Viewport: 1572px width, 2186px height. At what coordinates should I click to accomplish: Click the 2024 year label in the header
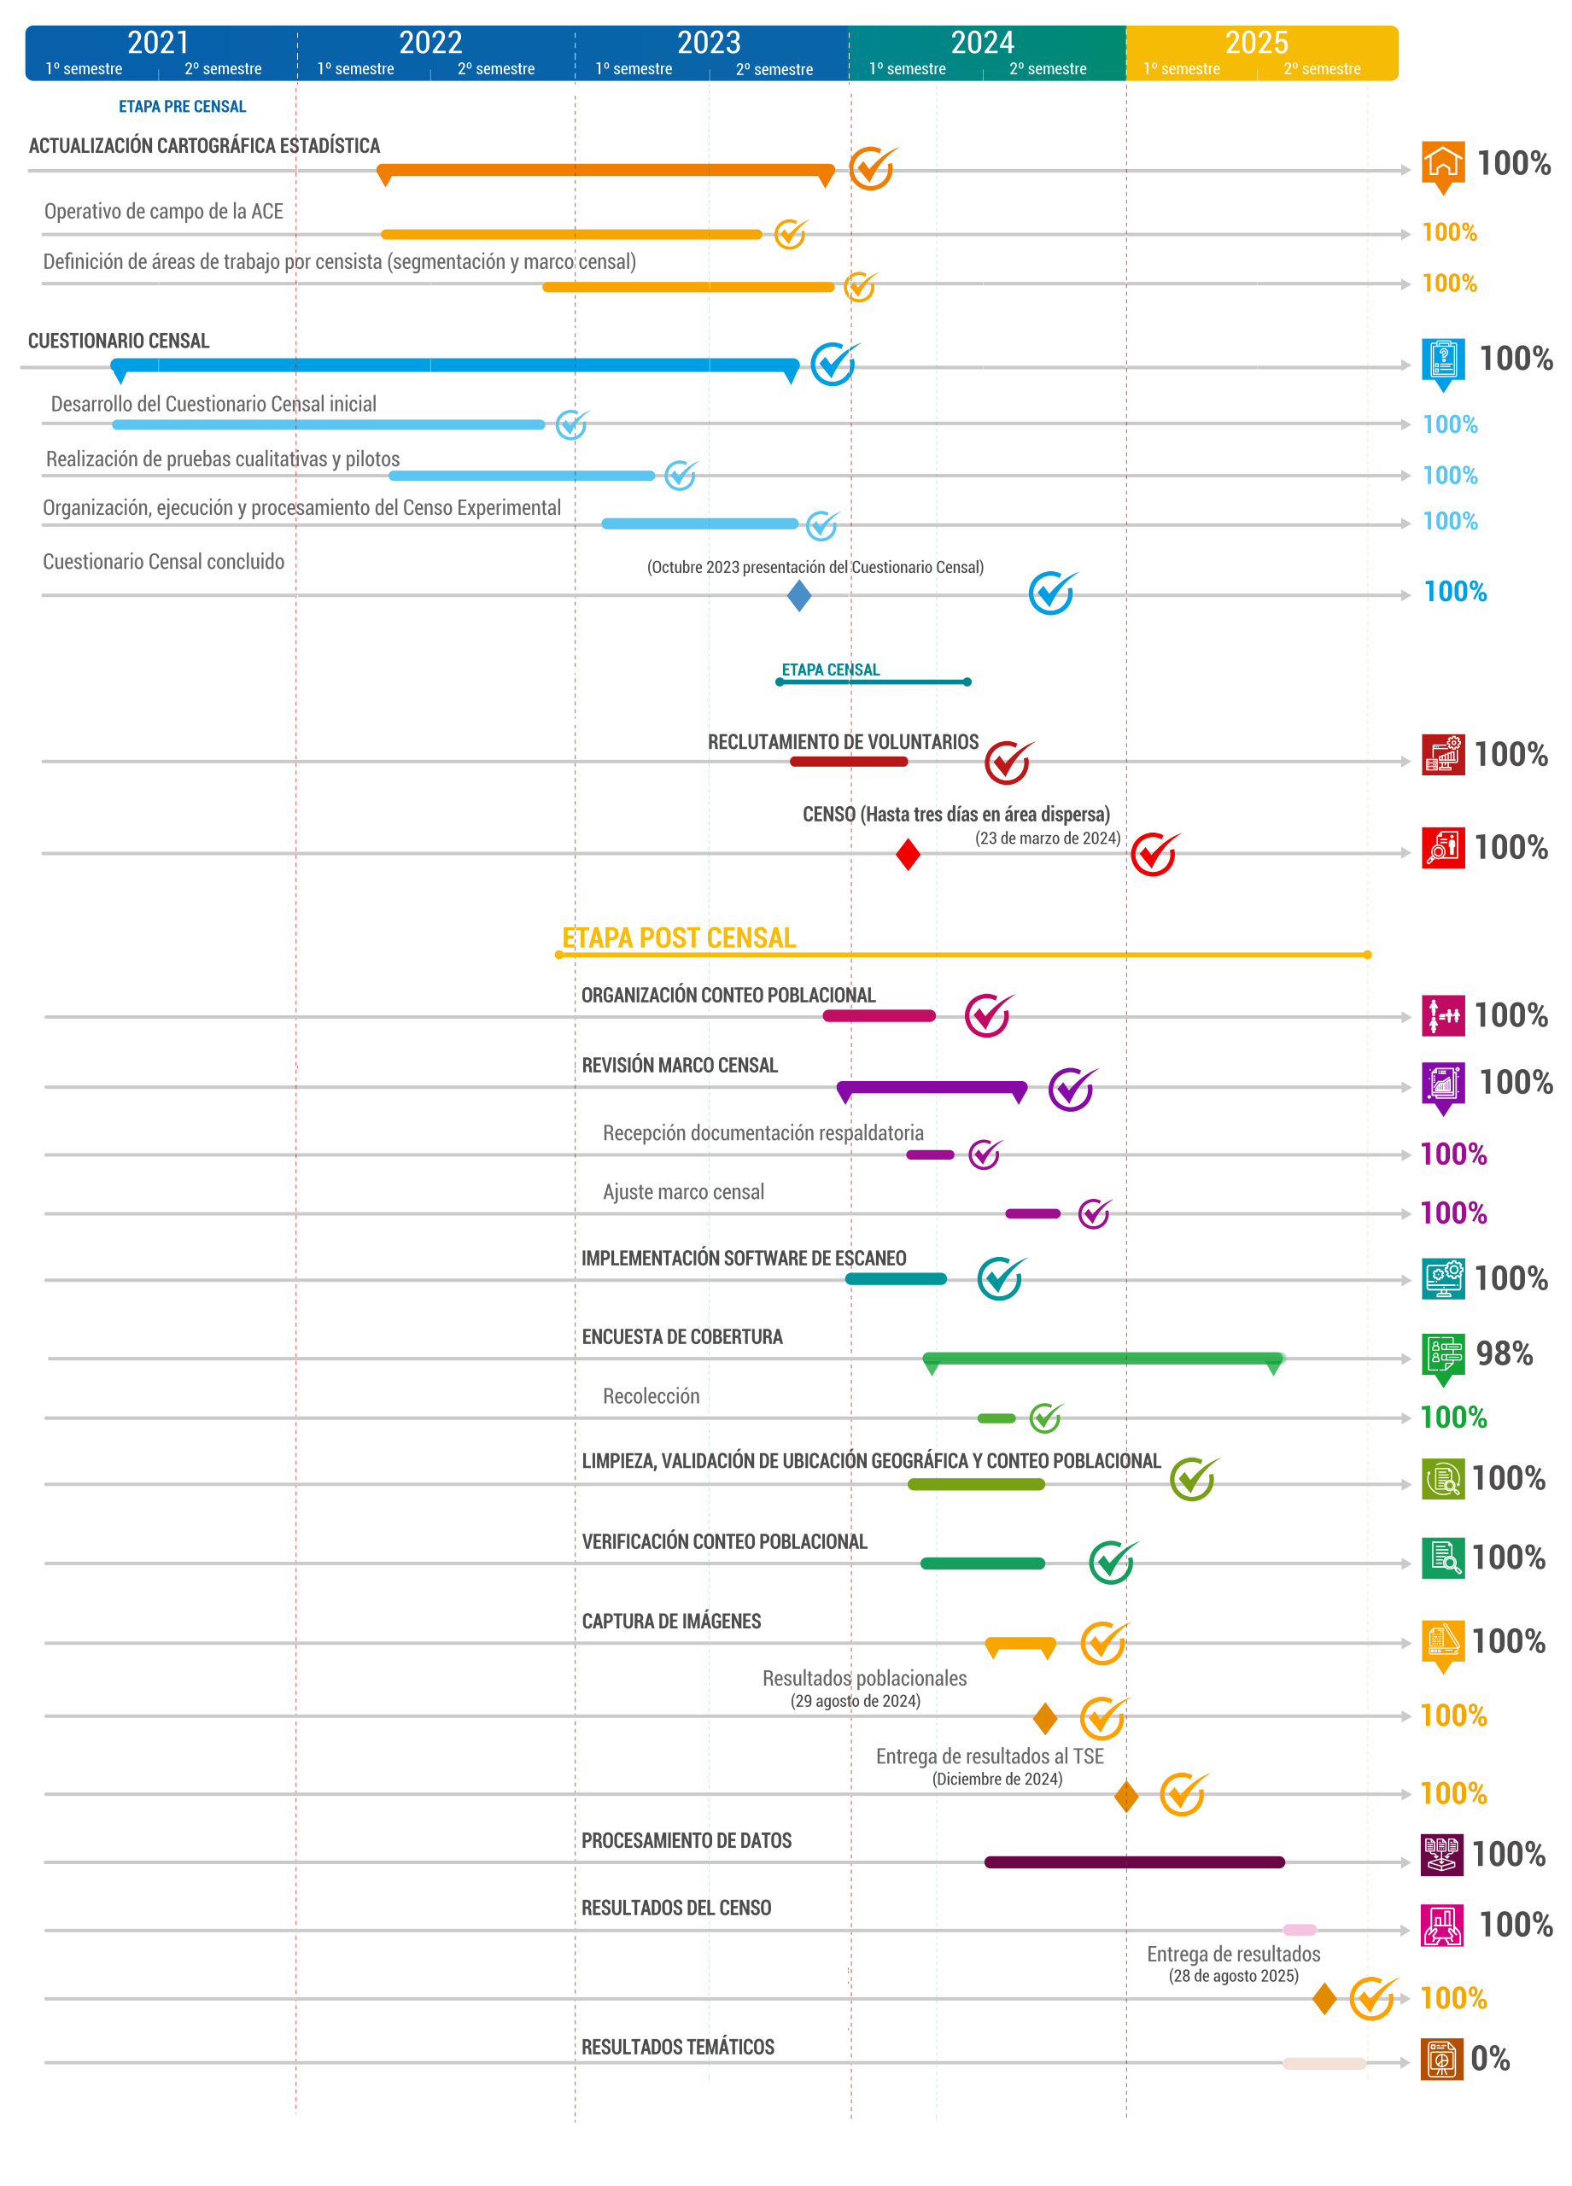(981, 43)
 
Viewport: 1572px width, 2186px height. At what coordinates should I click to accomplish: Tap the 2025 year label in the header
(1255, 43)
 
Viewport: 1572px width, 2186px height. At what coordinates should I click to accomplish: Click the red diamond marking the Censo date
(907, 854)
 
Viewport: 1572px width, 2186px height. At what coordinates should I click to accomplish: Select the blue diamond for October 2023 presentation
(798, 596)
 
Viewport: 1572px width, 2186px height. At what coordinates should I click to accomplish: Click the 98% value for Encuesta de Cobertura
(1503, 1353)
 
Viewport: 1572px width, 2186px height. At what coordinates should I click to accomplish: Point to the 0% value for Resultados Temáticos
(1489, 2058)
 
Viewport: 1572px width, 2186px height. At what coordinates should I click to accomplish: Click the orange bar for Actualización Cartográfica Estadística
(605, 171)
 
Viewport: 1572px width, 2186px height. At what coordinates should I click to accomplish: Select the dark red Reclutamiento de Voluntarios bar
(848, 762)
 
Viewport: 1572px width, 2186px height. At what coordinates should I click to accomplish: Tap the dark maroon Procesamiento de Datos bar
(1133, 1862)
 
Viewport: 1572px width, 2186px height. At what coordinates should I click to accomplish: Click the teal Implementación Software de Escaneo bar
(896, 1279)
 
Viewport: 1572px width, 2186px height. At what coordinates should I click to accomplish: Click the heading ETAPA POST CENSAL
(679, 938)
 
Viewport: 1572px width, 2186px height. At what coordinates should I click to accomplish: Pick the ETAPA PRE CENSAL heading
(182, 106)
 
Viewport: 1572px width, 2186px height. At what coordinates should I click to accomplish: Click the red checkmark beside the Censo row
(1153, 854)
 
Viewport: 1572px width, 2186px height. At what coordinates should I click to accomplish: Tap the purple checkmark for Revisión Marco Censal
(1071, 1089)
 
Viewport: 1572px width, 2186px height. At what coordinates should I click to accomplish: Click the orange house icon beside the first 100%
(1442, 163)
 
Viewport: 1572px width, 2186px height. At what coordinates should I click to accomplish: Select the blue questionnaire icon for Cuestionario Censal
(1442, 359)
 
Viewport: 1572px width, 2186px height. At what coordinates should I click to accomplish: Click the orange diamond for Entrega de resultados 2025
(1324, 1998)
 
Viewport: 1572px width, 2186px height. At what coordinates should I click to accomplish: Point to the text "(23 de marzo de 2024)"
(1047, 838)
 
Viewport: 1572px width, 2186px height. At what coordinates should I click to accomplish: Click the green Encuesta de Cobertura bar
(1102, 1358)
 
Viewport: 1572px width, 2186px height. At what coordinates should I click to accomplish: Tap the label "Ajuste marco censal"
(683, 1191)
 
